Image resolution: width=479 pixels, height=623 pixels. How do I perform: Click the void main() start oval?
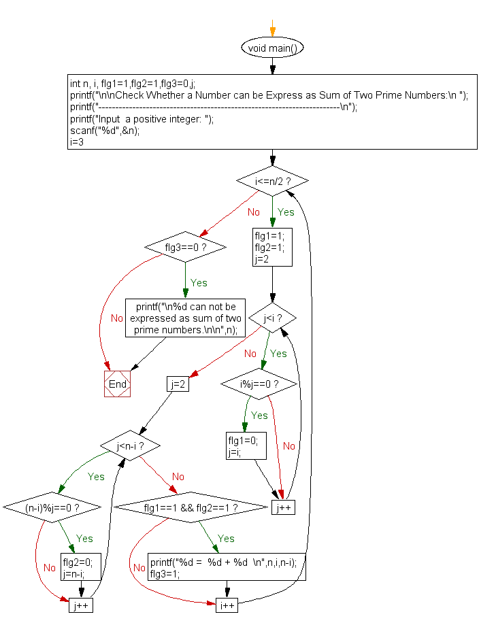pos(272,48)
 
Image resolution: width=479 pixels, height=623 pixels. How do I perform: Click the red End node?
pos(117,384)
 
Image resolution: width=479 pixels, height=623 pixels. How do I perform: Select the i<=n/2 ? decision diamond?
pos(272,181)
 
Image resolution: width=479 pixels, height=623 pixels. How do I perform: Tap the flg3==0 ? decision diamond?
pos(185,247)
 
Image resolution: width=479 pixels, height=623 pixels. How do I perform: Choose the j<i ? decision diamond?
pos(272,318)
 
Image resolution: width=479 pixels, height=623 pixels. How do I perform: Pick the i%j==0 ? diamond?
pos(259,384)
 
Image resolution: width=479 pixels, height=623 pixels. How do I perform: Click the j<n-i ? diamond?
pos(130,445)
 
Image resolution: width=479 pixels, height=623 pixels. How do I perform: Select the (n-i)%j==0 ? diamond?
pos(52,507)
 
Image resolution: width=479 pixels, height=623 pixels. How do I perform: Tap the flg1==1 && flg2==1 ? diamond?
pos(191,507)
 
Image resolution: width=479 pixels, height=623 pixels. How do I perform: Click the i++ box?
pos(227,605)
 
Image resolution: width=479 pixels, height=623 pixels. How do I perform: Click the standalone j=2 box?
pos(178,384)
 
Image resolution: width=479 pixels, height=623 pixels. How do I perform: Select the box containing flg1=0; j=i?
pos(246,445)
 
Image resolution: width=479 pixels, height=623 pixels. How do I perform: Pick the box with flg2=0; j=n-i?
pos(81,567)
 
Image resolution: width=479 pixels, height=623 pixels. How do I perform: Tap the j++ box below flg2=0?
pos(81,605)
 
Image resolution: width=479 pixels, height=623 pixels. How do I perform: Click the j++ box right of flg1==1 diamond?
pos(284,507)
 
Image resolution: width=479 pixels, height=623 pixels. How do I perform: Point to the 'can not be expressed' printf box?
pos(185,318)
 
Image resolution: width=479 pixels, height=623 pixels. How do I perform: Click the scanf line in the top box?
pos(105,131)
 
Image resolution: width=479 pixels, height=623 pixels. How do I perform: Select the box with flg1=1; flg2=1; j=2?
pos(272,247)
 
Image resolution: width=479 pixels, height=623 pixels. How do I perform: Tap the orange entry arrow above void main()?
pos(272,28)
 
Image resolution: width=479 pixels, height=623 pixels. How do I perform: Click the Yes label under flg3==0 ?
pos(199,282)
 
